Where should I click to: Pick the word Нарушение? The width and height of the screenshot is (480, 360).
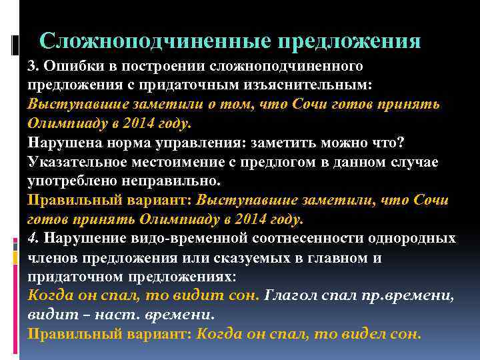tap(77, 238)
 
